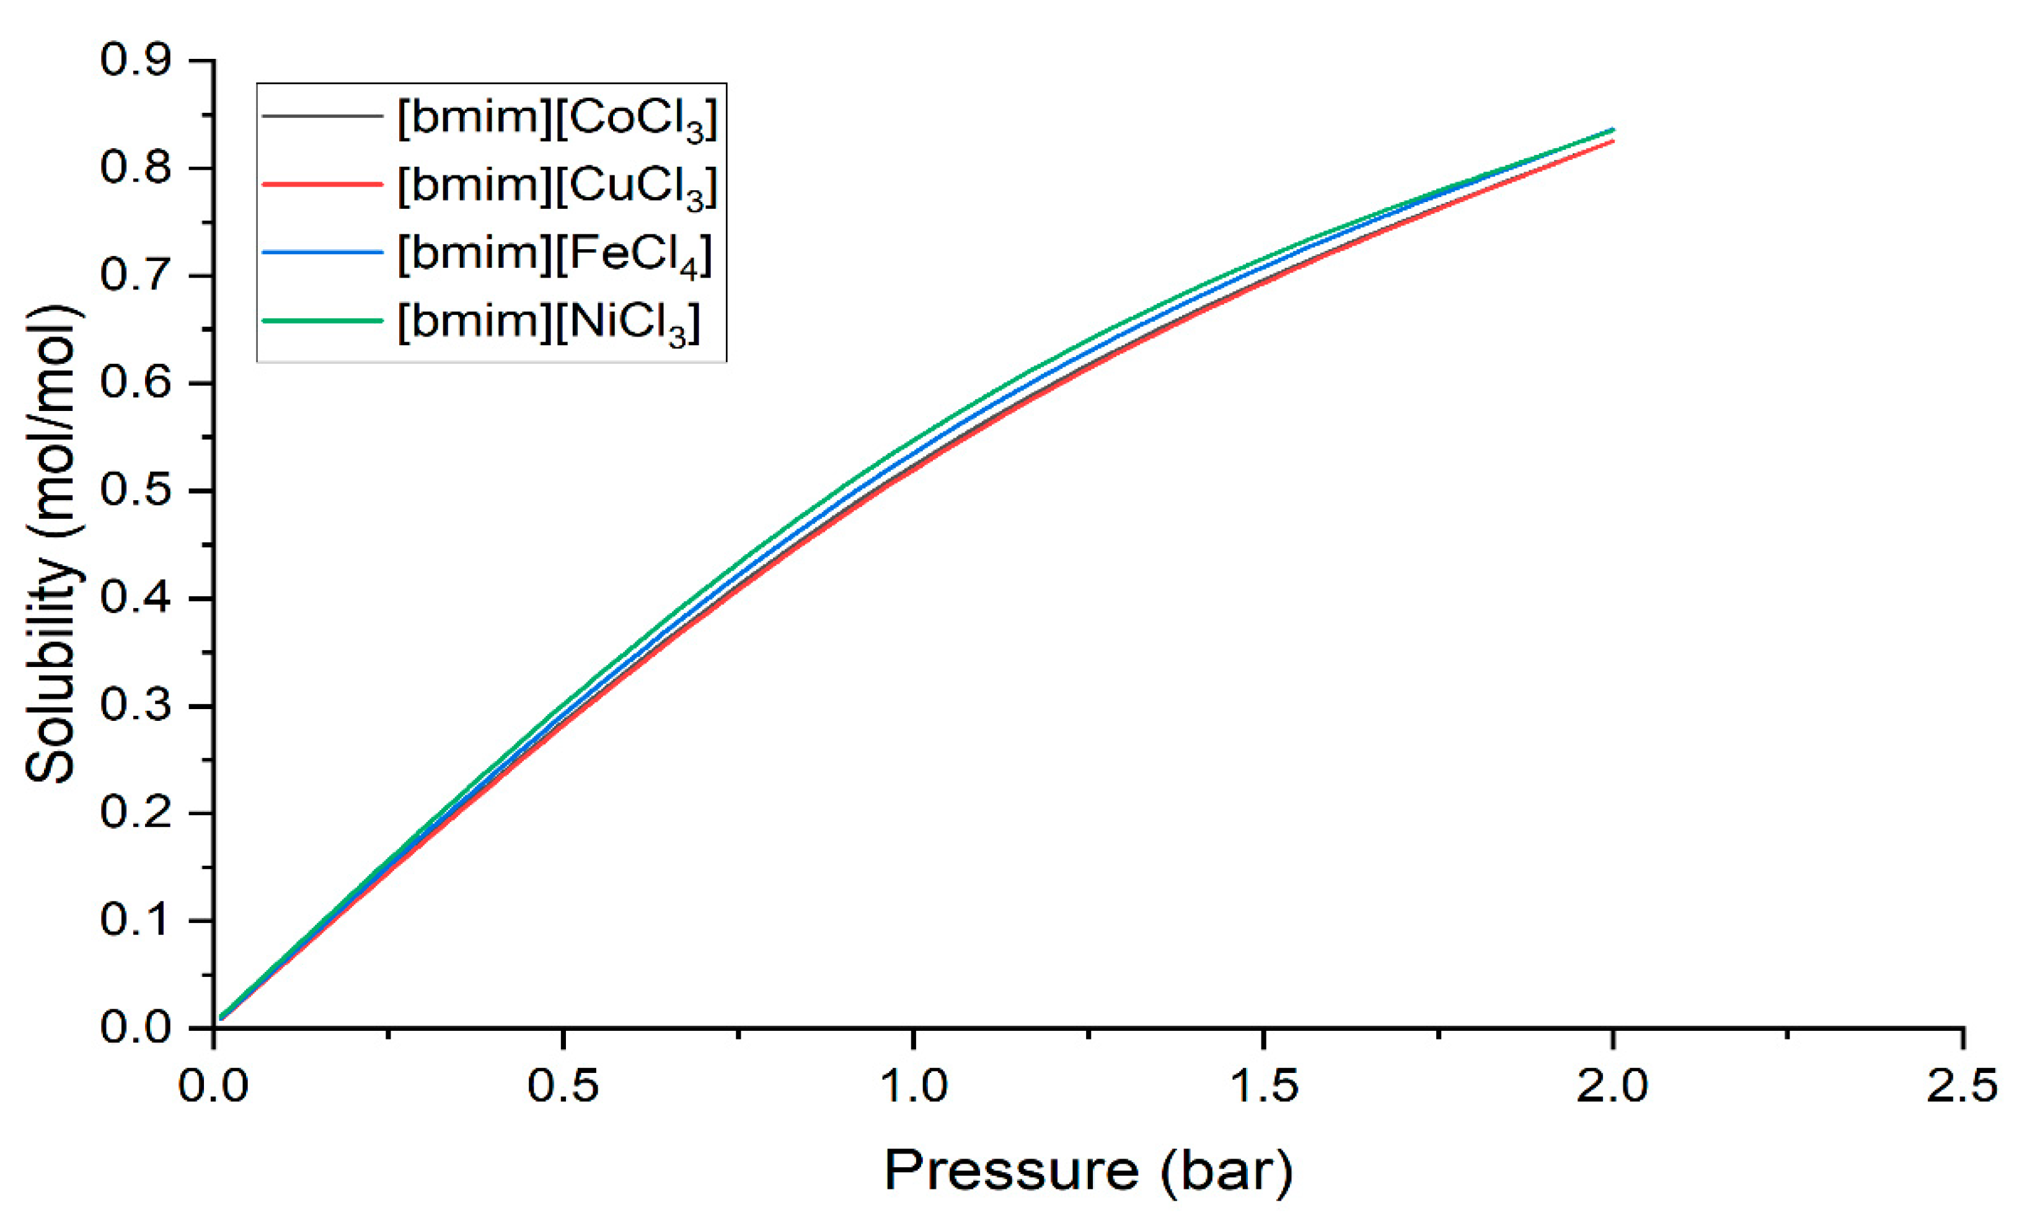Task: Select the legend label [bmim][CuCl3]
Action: (557, 187)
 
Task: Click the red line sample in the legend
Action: (322, 185)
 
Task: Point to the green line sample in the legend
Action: (322, 320)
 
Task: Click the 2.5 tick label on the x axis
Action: (1962, 1085)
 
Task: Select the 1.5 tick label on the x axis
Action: (1264, 1085)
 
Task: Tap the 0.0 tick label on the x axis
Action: (213, 1085)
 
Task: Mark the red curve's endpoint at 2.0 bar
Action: (1612, 141)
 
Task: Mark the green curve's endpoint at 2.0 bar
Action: (1612, 130)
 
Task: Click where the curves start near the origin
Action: (221, 1017)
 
